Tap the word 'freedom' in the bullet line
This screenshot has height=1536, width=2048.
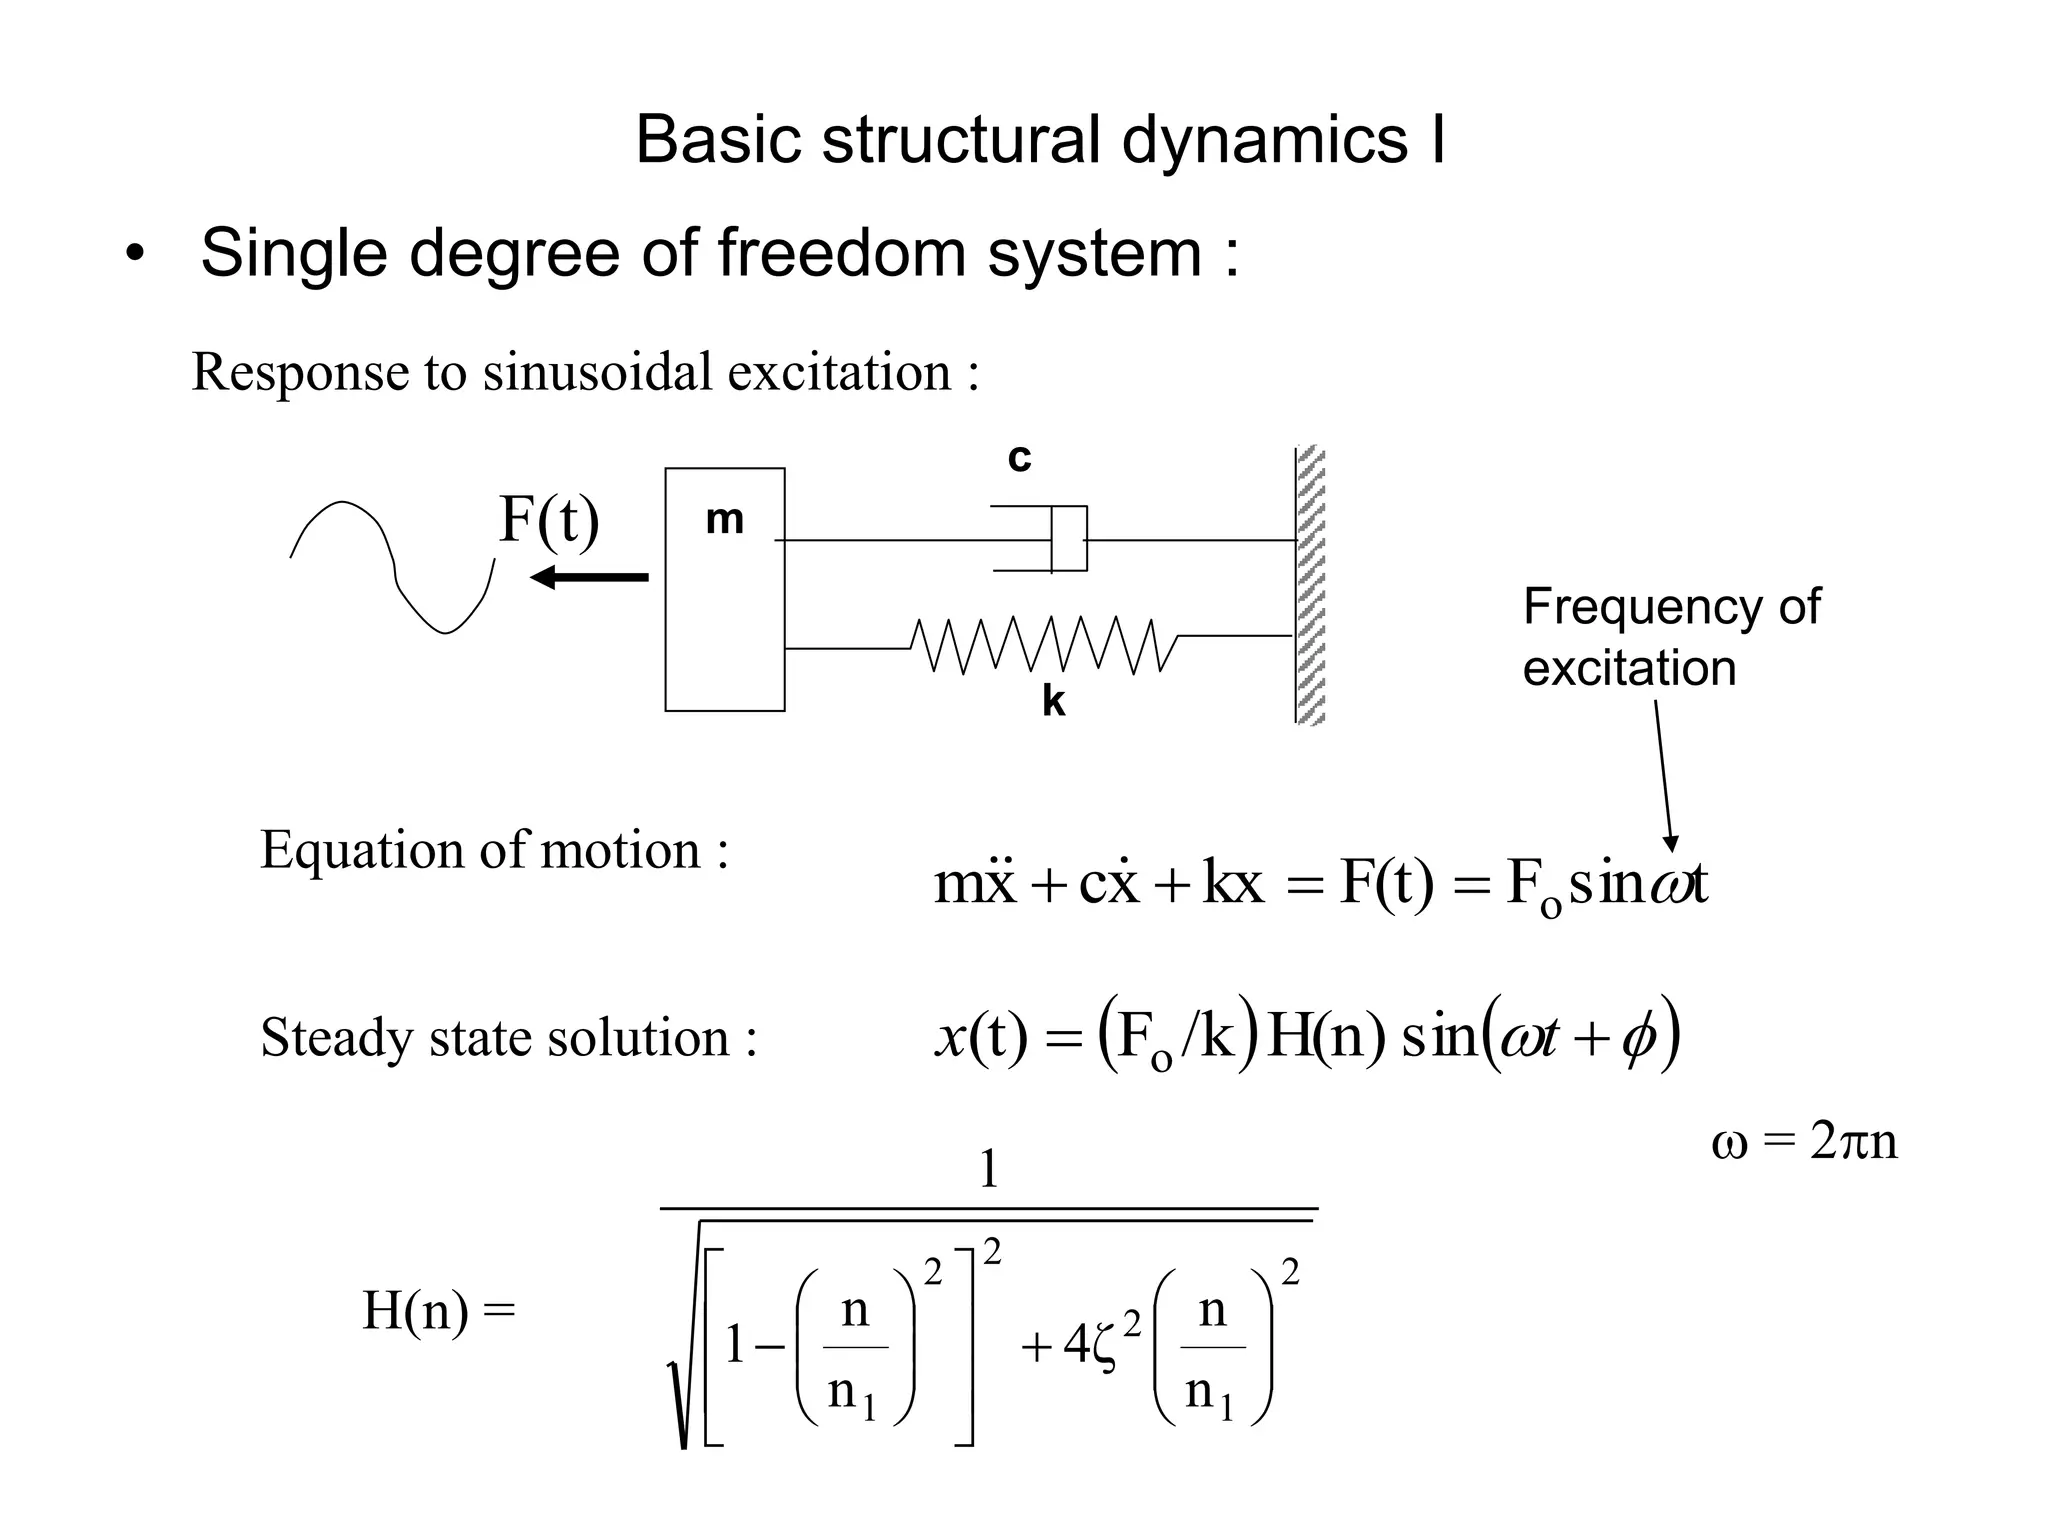point(841,252)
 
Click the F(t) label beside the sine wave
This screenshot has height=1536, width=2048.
point(549,520)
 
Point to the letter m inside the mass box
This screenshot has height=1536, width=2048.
point(724,519)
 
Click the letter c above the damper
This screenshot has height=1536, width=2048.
point(1019,458)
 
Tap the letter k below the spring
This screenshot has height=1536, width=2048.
point(1053,702)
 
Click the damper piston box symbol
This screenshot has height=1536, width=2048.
point(1068,539)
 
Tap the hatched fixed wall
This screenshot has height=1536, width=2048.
point(1310,585)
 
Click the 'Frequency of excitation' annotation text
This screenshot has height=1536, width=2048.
point(1670,637)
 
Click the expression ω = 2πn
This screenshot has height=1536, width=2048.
point(1804,1141)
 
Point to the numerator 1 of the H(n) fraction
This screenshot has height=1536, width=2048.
point(988,1169)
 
